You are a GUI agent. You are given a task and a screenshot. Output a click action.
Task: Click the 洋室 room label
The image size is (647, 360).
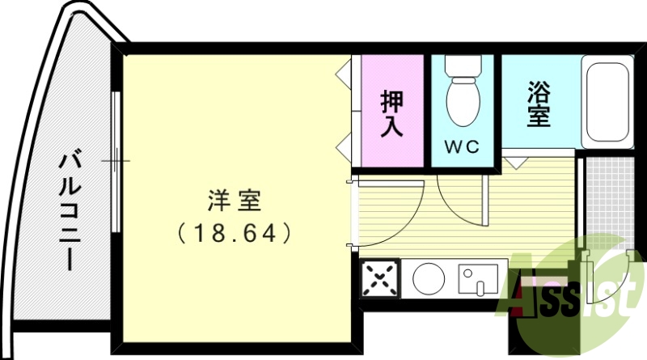(232, 200)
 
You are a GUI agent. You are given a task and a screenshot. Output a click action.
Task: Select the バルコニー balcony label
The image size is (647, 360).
(70, 208)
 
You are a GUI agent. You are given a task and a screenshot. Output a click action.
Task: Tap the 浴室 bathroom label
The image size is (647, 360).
(539, 103)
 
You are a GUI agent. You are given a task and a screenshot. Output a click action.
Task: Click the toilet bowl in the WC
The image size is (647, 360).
(463, 101)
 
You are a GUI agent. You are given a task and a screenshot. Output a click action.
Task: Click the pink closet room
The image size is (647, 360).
(393, 81)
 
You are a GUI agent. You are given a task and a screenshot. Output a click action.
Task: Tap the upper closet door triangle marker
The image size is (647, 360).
(343, 73)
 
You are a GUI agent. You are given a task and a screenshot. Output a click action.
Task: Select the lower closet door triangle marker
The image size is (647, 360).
(343, 148)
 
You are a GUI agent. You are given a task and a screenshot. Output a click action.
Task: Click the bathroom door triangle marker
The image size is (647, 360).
(513, 161)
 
